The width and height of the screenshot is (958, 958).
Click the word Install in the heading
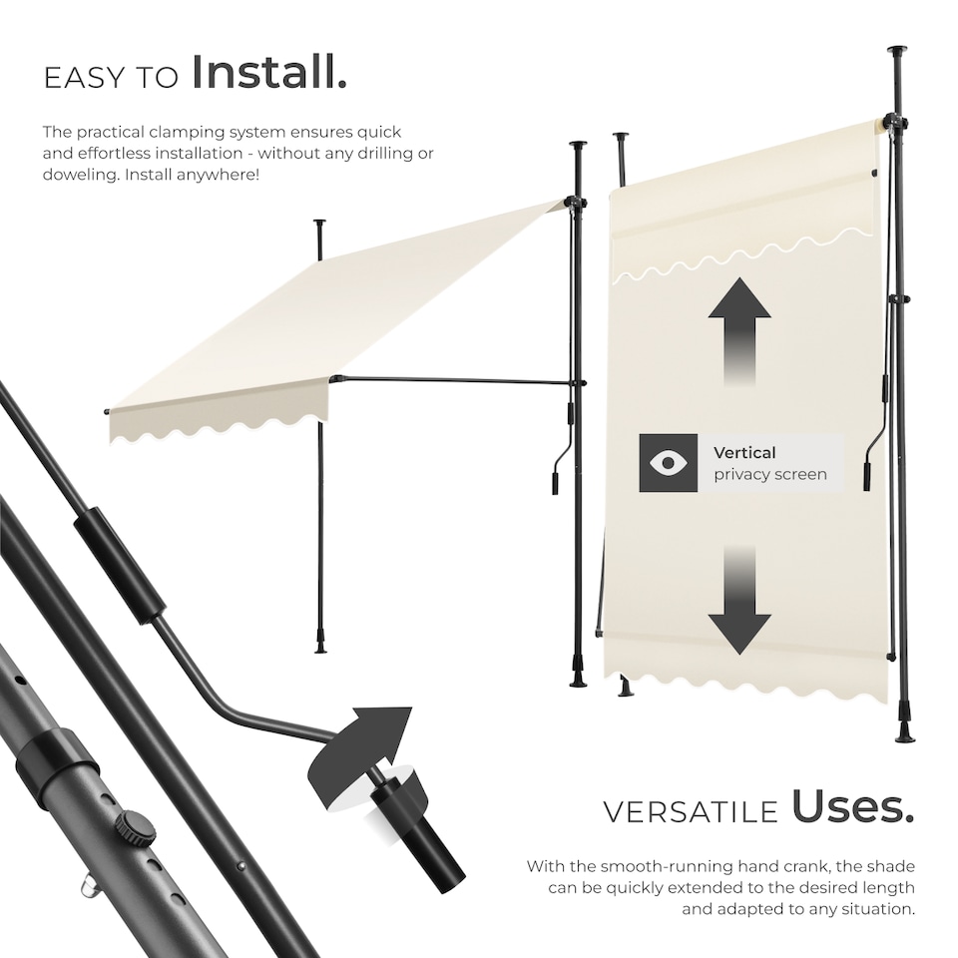point(269,72)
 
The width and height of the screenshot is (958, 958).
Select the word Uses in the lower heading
point(853,808)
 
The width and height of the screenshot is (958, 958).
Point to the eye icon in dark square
point(669,463)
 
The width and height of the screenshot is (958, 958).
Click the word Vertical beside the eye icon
point(744,452)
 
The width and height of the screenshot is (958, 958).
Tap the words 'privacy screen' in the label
point(770,475)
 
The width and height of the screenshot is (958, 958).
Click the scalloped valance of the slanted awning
point(220,424)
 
